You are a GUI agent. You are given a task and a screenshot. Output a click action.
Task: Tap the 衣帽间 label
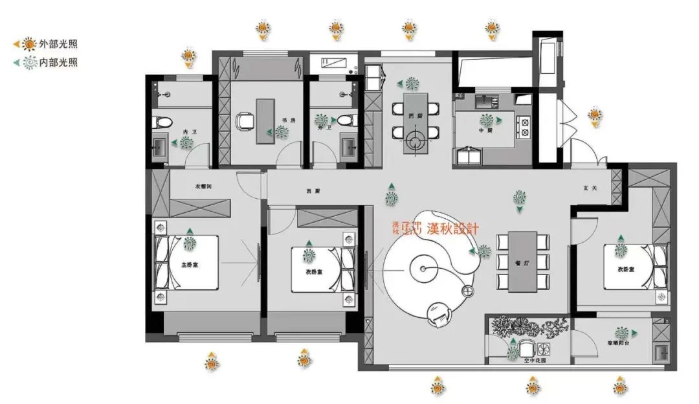pyautogui.click(x=205, y=186)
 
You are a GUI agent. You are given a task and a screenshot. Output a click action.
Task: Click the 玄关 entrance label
pyautogui.click(x=589, y=188)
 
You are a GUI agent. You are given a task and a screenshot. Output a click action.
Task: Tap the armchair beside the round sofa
pyautogui.click(x=440, y=315)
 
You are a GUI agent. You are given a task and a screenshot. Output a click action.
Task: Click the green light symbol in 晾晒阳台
pyautogui.click(x=622, y=333)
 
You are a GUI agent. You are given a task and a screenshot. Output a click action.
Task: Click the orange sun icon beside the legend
pyautogui.click(x=30, y=45)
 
